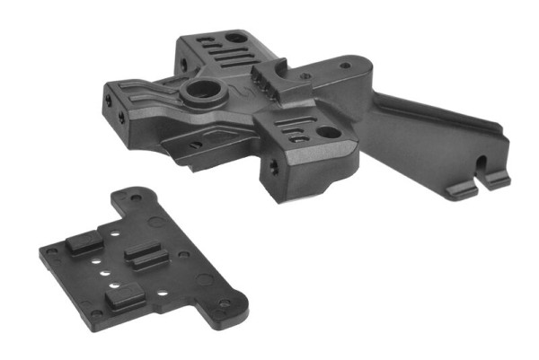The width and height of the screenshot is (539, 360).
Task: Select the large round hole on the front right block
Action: click(328, 132)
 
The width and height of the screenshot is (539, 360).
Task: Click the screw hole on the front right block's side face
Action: click(272, 168)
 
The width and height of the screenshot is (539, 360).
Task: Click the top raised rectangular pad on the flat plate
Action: click(83, 242)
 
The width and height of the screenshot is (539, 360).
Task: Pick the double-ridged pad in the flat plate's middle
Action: click(146, 257)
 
